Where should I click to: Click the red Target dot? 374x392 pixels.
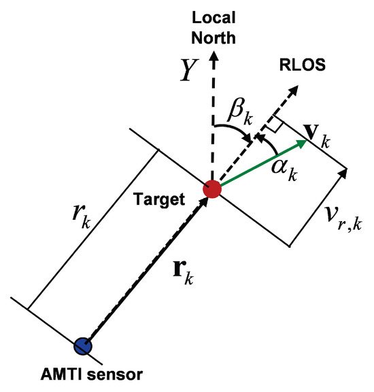coord(212,189)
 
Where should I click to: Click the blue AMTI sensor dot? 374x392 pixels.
coord(83,346)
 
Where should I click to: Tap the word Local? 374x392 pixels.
coord(214,18)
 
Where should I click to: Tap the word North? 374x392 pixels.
coord(214,37)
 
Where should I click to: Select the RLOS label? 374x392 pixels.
coord(303,65)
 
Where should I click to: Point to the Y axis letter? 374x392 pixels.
coord(189,69)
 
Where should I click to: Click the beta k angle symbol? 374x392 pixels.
coord(240,112)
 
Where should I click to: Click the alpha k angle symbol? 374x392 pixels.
coord(284,169)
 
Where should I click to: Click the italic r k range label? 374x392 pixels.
coord(82,216)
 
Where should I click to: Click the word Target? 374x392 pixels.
coord(160,199)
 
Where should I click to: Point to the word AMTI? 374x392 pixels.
coord(61,374)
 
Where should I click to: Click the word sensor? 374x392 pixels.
coord(115,374)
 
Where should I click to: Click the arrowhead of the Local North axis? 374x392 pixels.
coord(214,56)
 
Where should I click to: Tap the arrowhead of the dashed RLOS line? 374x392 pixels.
coord(294,90)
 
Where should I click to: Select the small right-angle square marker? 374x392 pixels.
coord(274,123)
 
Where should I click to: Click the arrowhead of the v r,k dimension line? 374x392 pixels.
coord(343,174)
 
